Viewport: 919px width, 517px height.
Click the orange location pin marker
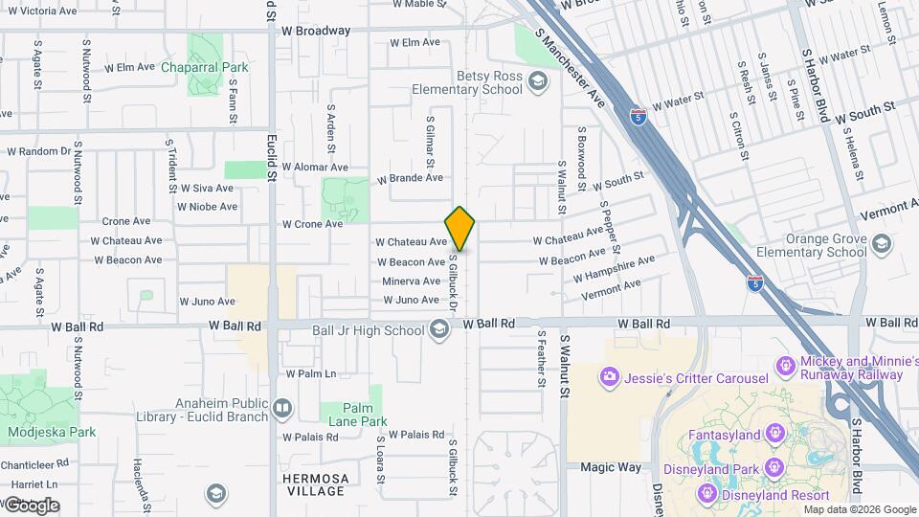coord(460,229)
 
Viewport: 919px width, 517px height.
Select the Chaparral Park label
coord(204,67)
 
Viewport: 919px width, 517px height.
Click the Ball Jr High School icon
coord(438,331)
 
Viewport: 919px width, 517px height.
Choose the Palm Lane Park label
coord(353,414)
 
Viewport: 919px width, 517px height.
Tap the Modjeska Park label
coord(52,432)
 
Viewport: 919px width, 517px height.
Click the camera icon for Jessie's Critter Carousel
coord(609,377)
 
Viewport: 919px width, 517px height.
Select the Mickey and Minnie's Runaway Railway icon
coord(784,365)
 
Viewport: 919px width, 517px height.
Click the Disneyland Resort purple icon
coord(709,492)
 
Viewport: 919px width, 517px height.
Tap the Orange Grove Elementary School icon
coord(880,245)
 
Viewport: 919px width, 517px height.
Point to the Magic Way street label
coord(610,467)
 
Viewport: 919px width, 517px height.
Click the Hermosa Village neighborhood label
coord(315,484)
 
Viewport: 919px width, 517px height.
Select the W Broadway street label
coord(316,31)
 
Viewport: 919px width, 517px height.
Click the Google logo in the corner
coord(32,505)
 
